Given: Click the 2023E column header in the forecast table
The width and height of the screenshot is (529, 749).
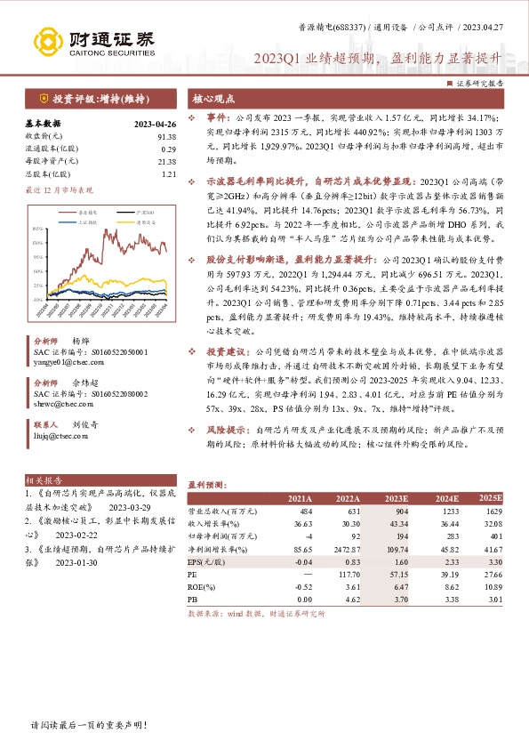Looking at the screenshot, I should click(x=395, y=499).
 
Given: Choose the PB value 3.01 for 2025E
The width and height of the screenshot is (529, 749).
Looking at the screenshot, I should click(x=495, y=601).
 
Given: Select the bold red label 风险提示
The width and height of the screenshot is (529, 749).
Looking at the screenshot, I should click(x=226, y=429).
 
